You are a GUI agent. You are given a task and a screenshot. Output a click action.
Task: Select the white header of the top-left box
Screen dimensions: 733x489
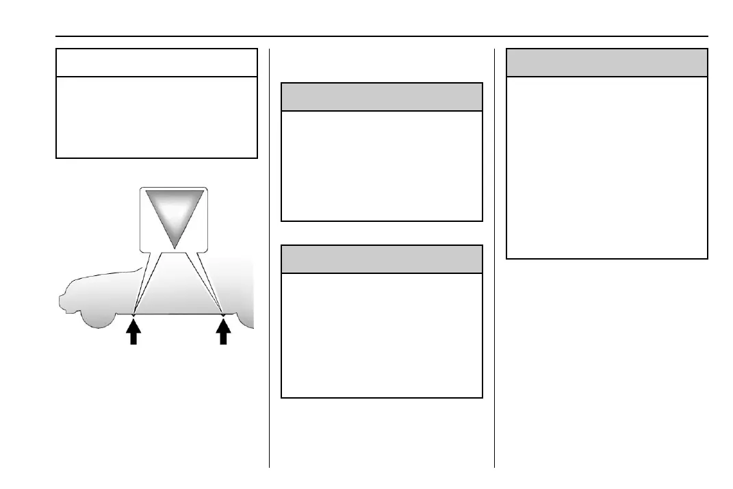(x=157, y=62)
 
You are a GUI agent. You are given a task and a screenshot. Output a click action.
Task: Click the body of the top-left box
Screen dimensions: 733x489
(x=157, y=117)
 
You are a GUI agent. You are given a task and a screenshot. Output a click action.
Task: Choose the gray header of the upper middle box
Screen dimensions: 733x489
(x=382, y=97)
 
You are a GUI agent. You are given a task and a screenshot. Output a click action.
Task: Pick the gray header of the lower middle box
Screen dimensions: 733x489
(x=382, y=259)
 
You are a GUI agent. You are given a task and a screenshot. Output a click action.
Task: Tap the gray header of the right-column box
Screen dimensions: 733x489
(x=606, y=62)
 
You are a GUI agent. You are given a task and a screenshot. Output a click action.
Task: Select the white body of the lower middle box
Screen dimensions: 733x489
(x=382, y=335)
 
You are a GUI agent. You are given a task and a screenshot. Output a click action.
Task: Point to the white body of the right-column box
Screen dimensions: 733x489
(x=606, y=167)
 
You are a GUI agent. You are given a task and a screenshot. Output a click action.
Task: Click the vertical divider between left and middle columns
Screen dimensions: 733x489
(x=270, y=274)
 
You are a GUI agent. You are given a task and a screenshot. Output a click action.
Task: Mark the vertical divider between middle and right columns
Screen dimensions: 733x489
(x=494, y=274)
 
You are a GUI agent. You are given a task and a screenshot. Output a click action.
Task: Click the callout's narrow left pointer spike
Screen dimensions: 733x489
(x=140, y=288)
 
